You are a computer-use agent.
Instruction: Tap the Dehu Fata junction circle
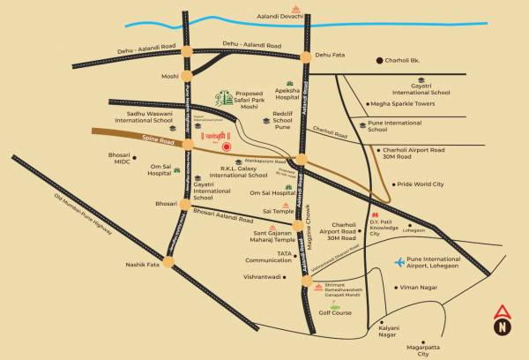tap(306, 56)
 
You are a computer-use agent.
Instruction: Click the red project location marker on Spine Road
tap(227, 147)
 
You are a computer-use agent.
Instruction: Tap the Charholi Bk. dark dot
tap(380, 61)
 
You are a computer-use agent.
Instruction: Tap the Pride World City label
tap(420, 184)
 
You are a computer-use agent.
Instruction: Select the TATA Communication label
tap(268, 257)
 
